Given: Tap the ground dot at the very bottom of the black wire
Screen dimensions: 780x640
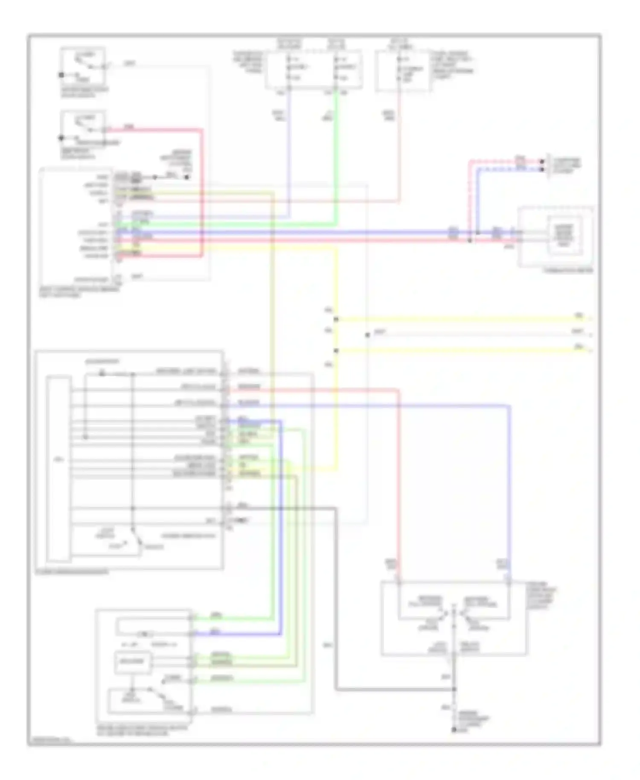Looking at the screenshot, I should coord(454,730).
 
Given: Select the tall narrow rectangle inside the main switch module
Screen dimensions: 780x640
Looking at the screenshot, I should coord(58,469).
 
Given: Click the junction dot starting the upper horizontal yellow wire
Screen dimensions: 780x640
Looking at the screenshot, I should coord(336,319).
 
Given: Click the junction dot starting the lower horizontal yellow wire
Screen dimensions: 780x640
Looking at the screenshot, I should coord(336,351).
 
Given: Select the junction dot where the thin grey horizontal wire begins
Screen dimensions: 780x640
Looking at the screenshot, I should coord(367,335).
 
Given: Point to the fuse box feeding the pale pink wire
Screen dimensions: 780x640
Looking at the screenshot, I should coord(402,70).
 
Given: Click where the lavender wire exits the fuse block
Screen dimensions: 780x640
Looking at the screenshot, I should coord(289,88).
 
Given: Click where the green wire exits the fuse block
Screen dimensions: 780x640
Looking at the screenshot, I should coord(337,88).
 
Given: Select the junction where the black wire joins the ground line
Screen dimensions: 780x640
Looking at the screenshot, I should coord(454,689).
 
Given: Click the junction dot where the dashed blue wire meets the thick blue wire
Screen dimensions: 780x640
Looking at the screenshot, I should coord(478,233).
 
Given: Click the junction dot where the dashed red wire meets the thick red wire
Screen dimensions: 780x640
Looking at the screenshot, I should coord(470,241).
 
